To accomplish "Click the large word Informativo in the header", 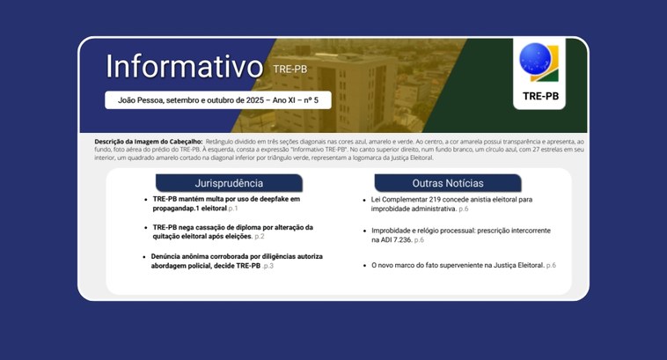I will (x=184, y=66).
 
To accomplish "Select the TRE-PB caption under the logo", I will (x=540, y=96).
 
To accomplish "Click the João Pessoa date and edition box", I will (x=211, y=100).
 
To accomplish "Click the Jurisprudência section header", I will (x=229, y=183).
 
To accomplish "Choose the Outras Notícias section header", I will (x=447, y=183).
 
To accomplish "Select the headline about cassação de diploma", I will (x=227, y=231).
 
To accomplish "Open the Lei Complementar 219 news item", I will (x=445, y=204).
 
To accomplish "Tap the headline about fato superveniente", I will (x=458, y=265).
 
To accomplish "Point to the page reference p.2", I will (x=259, y=237).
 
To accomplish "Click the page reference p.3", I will (x=268, y=266).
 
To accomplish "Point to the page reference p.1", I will (x=232, y=209).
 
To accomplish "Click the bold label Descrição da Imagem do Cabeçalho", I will (x=148, y=142).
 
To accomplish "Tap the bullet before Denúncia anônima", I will (x=142, y=256).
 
